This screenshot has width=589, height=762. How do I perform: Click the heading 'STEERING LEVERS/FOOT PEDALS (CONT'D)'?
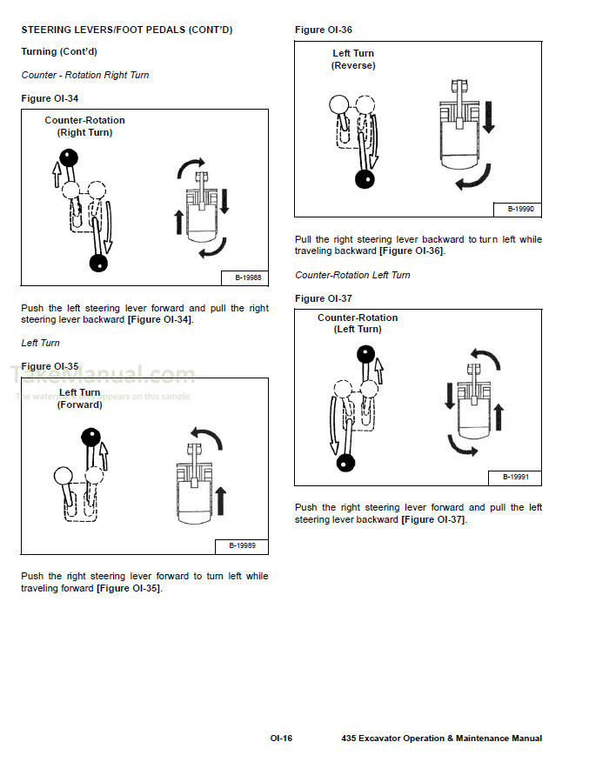click(126, 30)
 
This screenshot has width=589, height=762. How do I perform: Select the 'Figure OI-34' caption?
click(50, 98)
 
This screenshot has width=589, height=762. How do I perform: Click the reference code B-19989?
click(242, 545)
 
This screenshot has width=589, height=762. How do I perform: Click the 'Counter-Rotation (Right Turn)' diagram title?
click(84, 126)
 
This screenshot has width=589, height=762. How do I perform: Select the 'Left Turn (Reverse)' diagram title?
click(353, 59)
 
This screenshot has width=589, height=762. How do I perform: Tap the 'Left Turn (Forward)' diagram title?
click(79, 398)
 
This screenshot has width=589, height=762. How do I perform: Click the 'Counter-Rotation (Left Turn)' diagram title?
click(358, 324)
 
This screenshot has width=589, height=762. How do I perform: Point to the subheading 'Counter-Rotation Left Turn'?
click(352, 275)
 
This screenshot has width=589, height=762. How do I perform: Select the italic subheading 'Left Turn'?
click(40, 343)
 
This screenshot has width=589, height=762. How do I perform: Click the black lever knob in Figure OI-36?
click(365, 179)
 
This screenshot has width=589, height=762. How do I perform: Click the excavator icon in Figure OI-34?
click(201, 214)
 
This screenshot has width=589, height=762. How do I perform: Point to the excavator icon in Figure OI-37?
click(474, 404)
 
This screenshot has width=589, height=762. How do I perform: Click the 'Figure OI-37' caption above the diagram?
click(324, 298)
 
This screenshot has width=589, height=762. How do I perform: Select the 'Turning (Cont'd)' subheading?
click(58, 52)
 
